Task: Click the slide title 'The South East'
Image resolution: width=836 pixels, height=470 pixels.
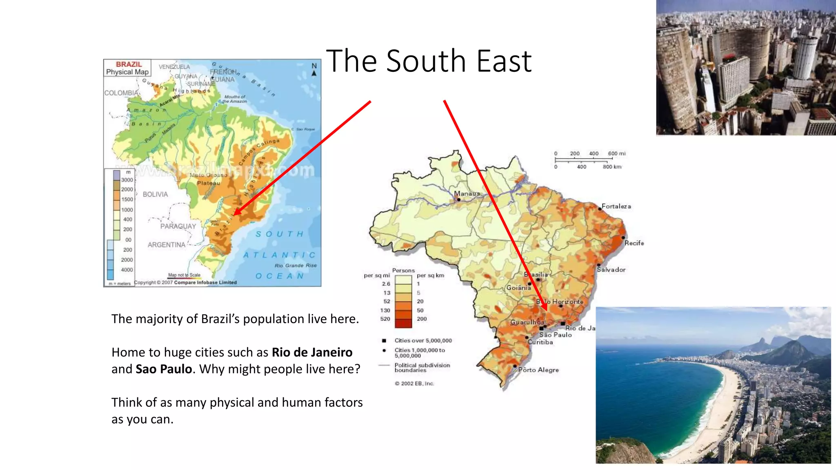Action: [429, 61]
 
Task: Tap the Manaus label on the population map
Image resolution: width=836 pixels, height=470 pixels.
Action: [467, 193]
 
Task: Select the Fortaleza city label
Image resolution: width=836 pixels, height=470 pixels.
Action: [616, 206]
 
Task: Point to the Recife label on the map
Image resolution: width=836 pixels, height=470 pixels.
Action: [634, 243]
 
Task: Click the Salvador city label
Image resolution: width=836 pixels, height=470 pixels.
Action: [611, 270]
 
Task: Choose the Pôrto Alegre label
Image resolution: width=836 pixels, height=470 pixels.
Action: [538, 370]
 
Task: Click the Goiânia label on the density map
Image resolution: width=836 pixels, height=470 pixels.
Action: [518, 288]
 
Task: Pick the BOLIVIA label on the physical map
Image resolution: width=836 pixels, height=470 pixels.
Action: [155, 194]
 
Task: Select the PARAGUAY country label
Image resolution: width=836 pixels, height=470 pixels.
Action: [178, 226]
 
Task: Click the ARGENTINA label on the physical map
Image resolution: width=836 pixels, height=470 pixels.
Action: [166, 245]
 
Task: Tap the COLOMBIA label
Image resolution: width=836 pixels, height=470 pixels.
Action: [121, 93]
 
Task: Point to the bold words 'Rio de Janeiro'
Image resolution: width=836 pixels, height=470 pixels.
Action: [312, 352]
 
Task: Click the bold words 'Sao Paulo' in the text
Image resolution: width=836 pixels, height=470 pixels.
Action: [164, 369]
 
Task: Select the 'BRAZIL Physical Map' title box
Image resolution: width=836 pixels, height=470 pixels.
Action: [127, 68]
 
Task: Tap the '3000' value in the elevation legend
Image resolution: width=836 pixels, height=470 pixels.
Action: [127, 180]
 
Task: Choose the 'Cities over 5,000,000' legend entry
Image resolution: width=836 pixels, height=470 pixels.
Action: [423, 340]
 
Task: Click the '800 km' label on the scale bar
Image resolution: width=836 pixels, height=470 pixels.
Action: [612, 167]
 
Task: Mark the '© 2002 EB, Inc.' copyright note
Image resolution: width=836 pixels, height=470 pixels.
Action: [414, 384]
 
